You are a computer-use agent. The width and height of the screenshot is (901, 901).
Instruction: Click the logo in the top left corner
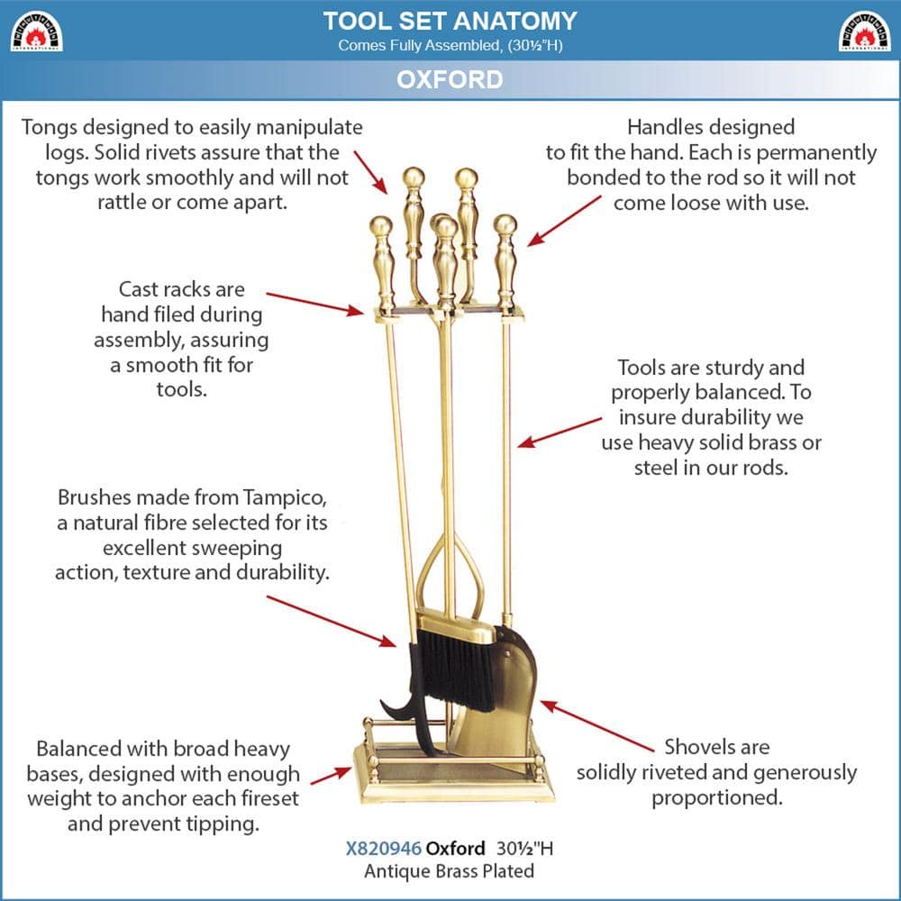click(x=35, y=32)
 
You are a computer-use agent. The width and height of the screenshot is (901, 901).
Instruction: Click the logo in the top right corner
click(x=864, y=32)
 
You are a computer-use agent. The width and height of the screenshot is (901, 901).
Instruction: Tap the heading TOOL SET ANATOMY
click(x=450, y=21)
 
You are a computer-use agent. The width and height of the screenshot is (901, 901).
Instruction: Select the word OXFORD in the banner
click(x=450, y=79)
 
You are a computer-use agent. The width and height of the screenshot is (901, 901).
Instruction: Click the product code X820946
click(x=383, y=849)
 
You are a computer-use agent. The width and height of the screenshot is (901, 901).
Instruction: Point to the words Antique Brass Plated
click(x=449, y=871)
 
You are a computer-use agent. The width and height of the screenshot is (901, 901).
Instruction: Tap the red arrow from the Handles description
click(x=564, y=220)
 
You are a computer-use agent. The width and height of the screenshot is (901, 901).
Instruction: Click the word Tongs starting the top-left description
click(x=50, y=128)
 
